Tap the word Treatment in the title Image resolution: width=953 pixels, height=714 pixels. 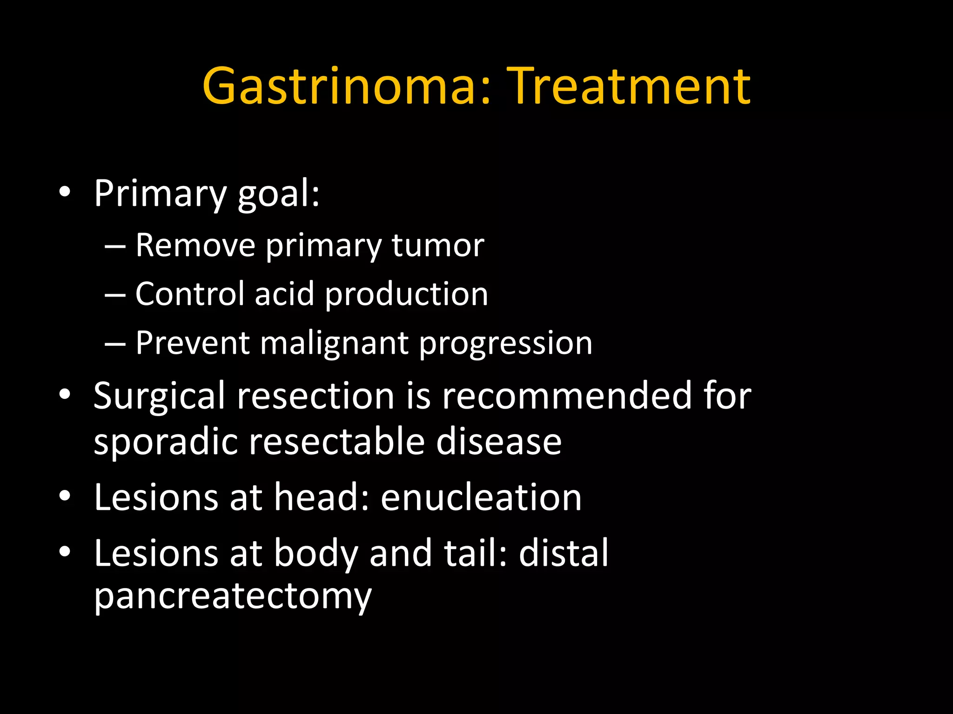[628, 86]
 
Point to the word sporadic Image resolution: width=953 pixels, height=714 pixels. [165, 442]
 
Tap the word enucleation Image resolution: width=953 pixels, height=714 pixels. [481, 497]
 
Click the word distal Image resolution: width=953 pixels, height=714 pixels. [564, 553]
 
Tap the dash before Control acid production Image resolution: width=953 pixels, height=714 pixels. [115, 295]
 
